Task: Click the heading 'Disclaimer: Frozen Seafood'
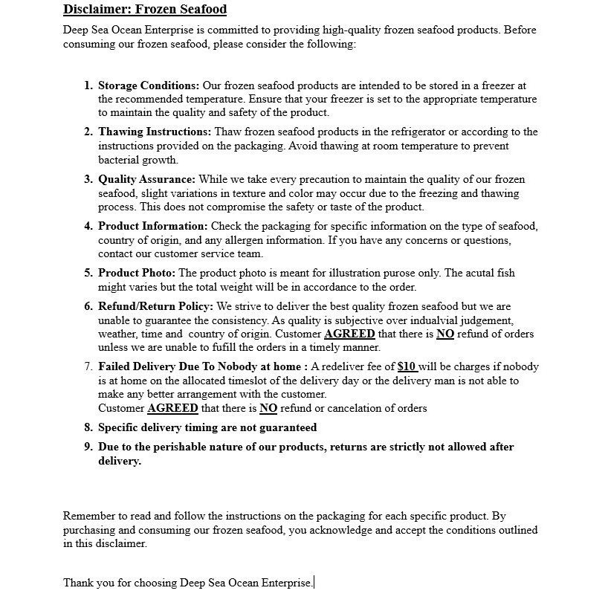click(x=145, y=10)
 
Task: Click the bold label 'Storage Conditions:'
click(x=149, y=85)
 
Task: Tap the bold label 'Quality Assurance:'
click(x=146, y=179)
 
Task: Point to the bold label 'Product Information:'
click(x=153, y=226)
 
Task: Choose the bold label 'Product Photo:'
click(x=137, y=273)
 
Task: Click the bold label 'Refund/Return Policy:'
click(x=155, y=306)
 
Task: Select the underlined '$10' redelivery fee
click(x=407, y=366)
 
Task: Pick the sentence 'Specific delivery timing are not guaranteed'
click(x=207, y=427)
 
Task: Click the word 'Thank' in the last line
click(x=78, y=583)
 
